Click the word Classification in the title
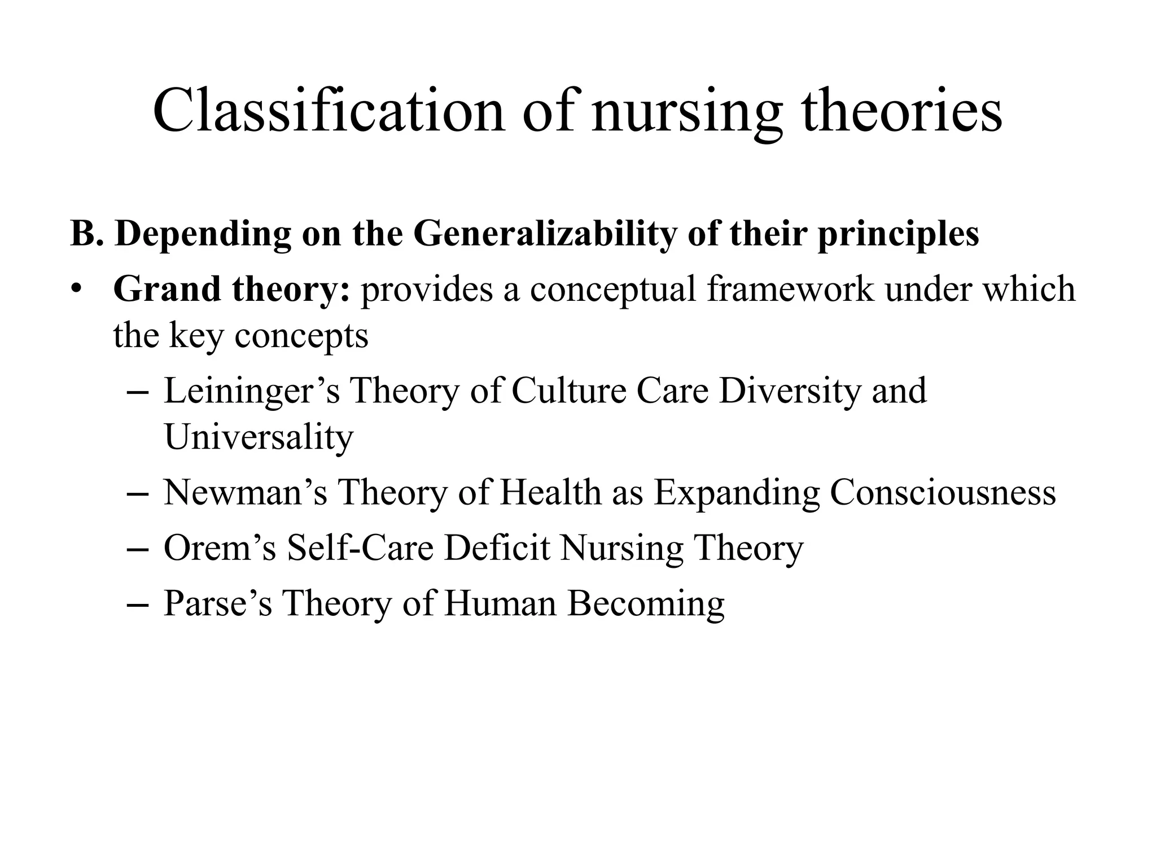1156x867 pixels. [x=329, y=111]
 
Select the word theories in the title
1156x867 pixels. [x=901, y=111]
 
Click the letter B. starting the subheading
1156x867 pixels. [x=87, y=233]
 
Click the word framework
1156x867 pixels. [x=790, y=289]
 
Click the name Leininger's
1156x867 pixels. [x=252, y=392]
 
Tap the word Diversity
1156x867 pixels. [x=790, y=392]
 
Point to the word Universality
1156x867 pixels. [x=259, y=437]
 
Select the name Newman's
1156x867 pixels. [x=245, y=492]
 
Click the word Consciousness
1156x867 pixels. [x=942, y=492]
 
